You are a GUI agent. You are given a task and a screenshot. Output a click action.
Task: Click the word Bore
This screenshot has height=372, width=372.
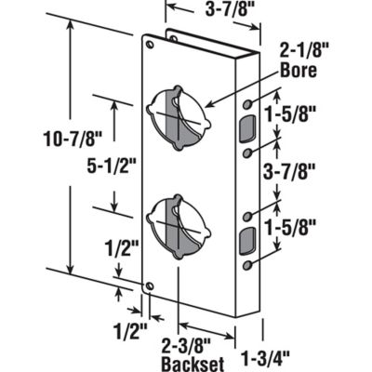(x=302, y=70)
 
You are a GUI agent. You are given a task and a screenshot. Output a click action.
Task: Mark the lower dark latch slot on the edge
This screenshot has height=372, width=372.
(x=246, y=240)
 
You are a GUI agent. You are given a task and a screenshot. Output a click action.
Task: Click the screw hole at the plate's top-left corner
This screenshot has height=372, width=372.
(x=148, y=42)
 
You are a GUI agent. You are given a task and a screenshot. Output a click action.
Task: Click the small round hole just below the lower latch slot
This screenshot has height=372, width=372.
(x=246, y=266)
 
